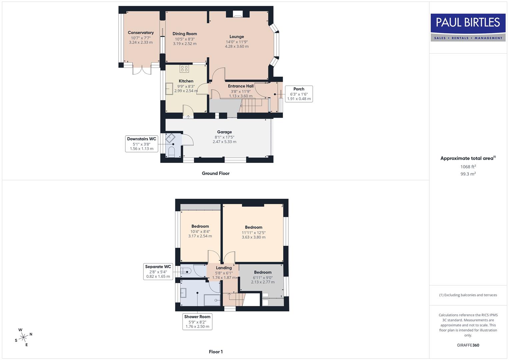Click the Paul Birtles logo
click(x=468, y=27)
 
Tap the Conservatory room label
click(x=141, y=33)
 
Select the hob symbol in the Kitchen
click(x=184, y=69)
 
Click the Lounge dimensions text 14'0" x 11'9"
click(x=237, y=42)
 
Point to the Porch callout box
click(x=299, y=94)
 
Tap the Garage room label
click(x=224, y=132)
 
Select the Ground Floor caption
click(x=215, y=173)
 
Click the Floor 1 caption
click(x=216, y=352)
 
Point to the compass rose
click(x=23, y=337)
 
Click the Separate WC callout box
click(x=158, y=271)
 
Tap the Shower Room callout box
click(x=197, y=321)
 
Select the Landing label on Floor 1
click(x=224, y=268)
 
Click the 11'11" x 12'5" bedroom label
click(x=254, y=233)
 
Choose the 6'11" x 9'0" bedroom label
click(x=263, y=277)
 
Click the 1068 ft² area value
click(x=468, y=167)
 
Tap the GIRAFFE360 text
click(x=468, y=345)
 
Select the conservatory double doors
click(x=142, y=70)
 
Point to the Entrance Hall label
click(x=241, y=86)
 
